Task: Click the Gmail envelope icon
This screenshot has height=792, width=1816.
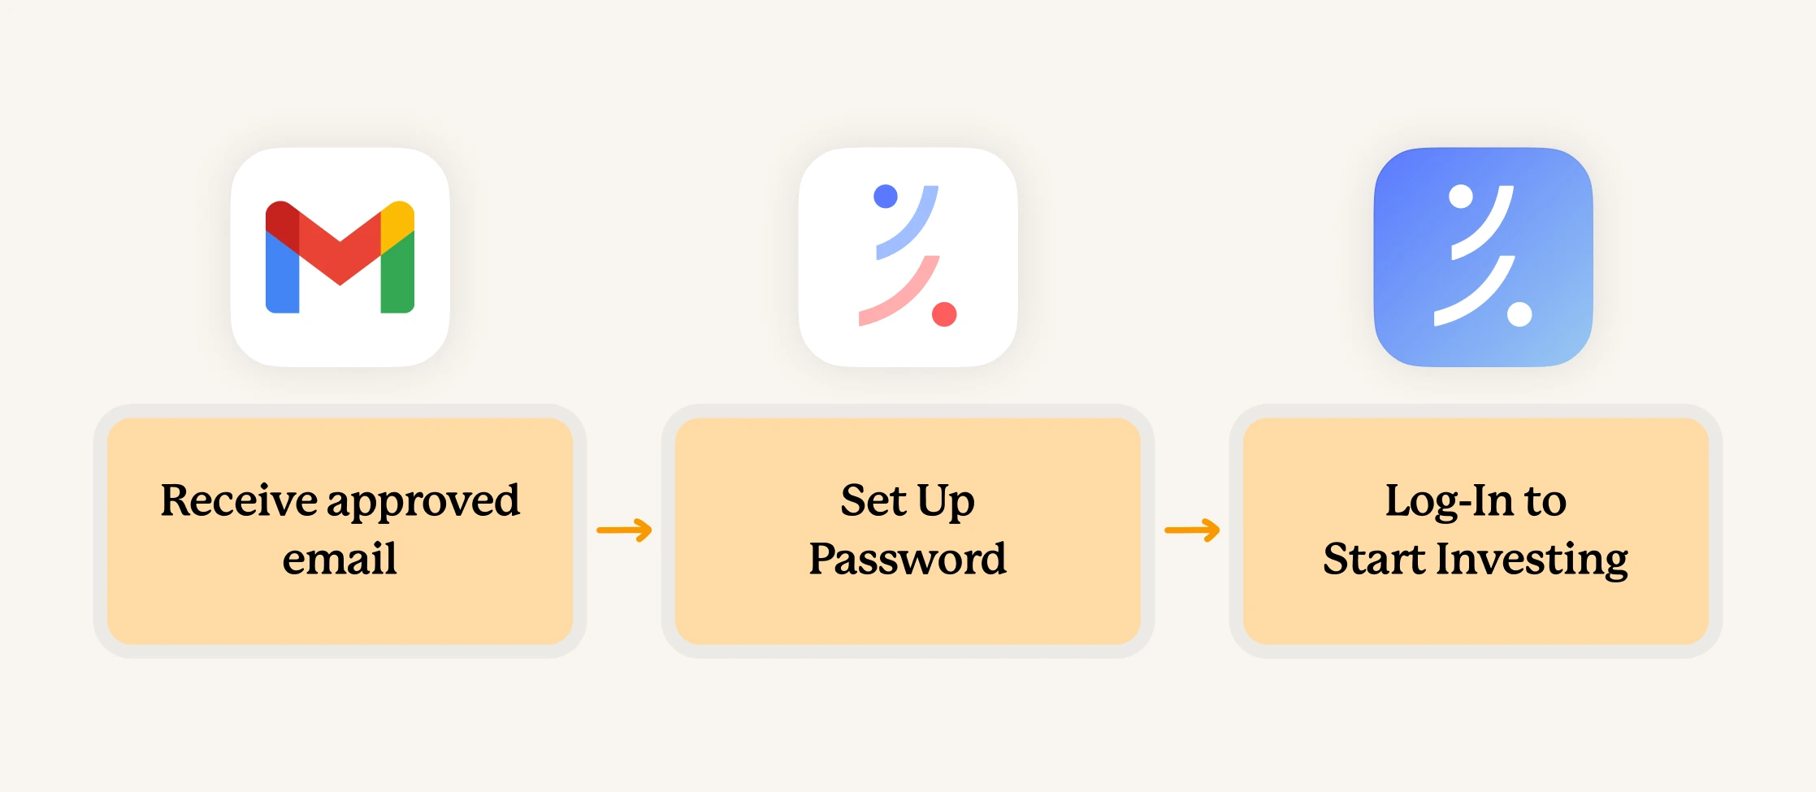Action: pyautogui.click(x=340, y=257)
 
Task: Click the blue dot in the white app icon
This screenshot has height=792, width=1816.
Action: pyautogui.click(x=885, y=197)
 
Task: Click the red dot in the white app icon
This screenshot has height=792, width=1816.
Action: pyautogui.click(x=944, y=314)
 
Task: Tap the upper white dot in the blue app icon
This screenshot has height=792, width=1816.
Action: pyautogui.click(x=1460, y=197)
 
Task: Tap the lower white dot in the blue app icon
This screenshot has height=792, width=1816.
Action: pyautogui.click(x=1519, y=314)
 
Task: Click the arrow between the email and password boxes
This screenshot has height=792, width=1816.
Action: pyautogui.click(x=624, y=530)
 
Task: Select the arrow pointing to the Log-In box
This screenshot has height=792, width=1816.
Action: pyautogui.click(x=1192, y=530)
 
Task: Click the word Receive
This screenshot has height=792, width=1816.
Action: pyautogui.click(x=238, y=500)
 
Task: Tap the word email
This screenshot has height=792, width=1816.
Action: pyautogui.click(x=340, y=559)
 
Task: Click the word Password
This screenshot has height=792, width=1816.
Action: pyautogui.click(x=908, y=559)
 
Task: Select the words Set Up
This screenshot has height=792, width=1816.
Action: pyautogui.click(x=908, y=500)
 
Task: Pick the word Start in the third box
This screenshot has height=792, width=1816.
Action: pyautogui.click(x=1373, y=559)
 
